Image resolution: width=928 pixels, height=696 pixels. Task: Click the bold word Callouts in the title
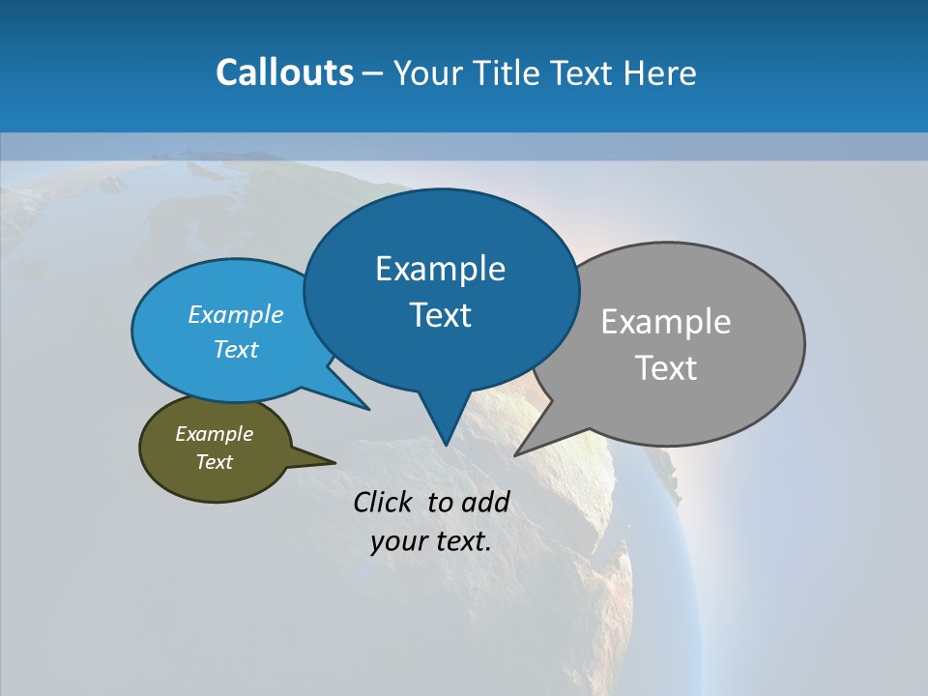point(284,72)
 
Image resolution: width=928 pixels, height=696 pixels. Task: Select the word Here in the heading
point(661,72)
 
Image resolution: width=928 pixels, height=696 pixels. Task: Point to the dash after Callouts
point(373,73)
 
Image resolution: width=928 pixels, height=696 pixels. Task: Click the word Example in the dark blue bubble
point(440,269)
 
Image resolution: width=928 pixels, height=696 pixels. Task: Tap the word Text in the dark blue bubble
point(440,315)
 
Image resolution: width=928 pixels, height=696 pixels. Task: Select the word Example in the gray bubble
point(665,322)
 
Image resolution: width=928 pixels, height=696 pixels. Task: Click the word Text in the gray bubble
point(665,368)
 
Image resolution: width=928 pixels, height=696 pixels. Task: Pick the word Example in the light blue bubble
point(235,314)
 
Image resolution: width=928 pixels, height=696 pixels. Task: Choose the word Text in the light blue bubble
point(235,349)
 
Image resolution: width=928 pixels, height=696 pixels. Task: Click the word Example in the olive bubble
point(214,434)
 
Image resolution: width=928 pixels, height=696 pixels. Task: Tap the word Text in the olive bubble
point(214,462)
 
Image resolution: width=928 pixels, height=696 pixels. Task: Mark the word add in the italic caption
point(484,502)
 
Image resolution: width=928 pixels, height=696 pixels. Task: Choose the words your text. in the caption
point(431,541)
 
